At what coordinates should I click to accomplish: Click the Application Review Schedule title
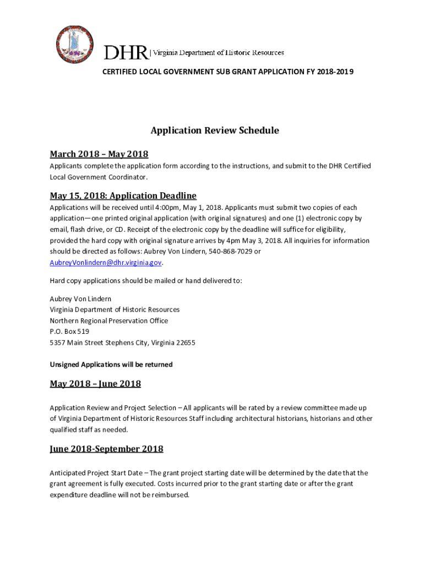point(215,131)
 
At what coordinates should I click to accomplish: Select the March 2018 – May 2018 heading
point(99,154)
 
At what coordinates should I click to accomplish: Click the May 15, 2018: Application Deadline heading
point(123,196)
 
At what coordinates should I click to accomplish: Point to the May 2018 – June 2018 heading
point(95,383)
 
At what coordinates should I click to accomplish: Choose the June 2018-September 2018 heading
point(106,448)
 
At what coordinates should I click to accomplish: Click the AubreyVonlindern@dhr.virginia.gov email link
point(106,263)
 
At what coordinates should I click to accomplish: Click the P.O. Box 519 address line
point(69,332)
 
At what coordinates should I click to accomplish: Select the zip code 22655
point(186,343)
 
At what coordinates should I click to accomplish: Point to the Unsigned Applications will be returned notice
point(111,365)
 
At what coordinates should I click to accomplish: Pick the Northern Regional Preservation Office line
point(109,321)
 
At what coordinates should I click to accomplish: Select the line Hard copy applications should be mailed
point(146,281)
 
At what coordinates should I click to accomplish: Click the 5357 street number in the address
point(58,343)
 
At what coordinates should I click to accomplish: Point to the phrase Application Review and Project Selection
point(113,408)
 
